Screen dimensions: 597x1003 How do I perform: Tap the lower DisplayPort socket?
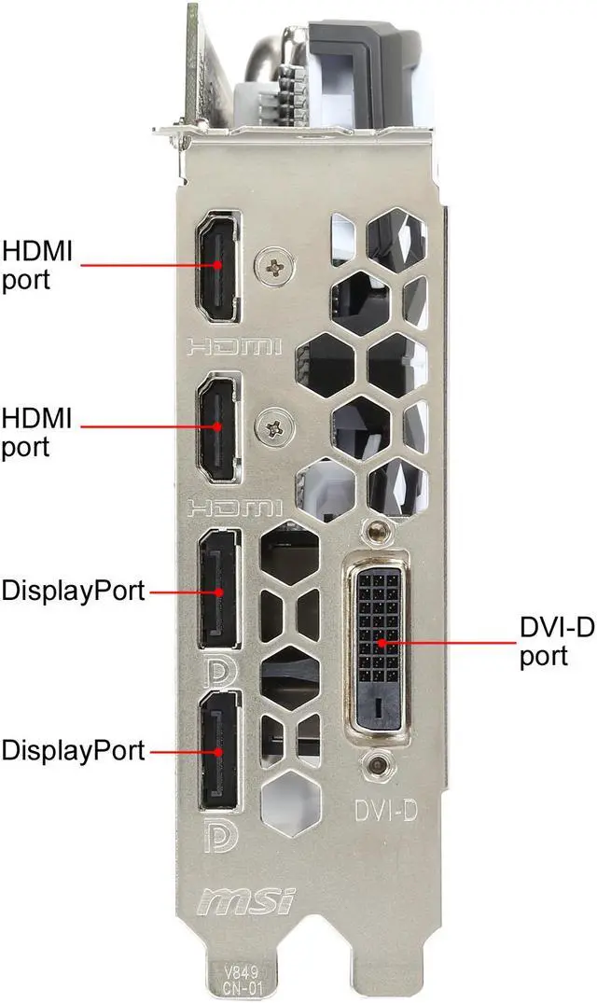218,750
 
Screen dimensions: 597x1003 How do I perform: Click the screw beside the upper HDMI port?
274,267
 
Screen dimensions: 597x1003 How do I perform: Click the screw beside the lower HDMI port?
274,428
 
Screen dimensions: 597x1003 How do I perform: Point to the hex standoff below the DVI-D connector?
378,765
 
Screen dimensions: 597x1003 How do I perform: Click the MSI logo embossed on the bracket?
246,901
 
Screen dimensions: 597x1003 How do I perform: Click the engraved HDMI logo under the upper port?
234,348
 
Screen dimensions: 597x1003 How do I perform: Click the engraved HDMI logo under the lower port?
234,508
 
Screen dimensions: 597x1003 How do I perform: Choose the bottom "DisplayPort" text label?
73,750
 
